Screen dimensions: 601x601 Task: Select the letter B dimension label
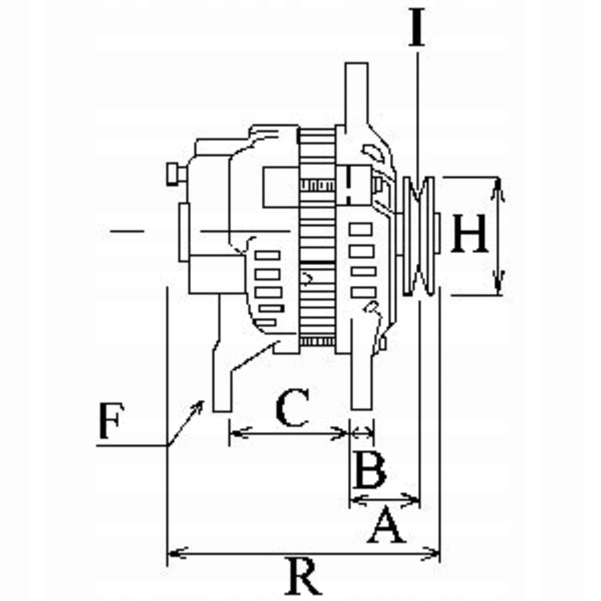(370, 470)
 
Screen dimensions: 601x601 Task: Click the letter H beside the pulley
(470, 233)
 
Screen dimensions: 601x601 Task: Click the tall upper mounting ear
(357, 95)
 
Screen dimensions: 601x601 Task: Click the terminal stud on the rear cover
(174, 174)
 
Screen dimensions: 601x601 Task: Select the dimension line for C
(288, 432)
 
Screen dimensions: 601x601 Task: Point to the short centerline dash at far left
(127, 231)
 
